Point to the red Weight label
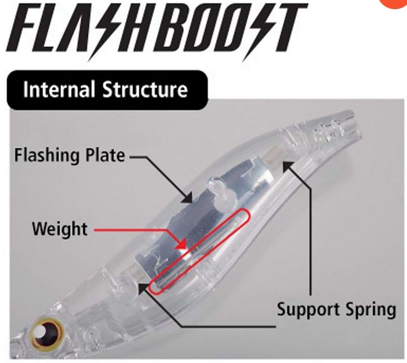tap(60, 228)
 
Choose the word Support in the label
tap(309, 310)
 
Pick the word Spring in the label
tap(370, 311)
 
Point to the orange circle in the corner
tap(397, 4)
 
